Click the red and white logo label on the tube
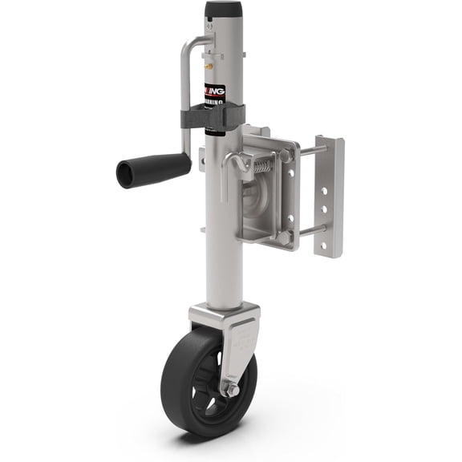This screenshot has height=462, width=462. pos(214,94)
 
